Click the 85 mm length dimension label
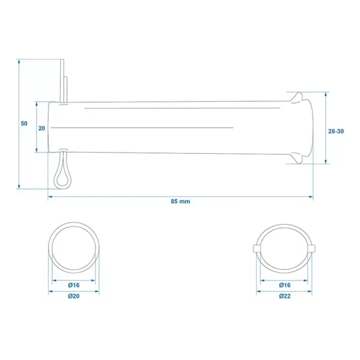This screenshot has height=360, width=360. pos(181,202)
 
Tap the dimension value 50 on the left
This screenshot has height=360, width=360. pos(24,123)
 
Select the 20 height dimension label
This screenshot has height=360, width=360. pos(41,127)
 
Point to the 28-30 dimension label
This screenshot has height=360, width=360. pos(336,131)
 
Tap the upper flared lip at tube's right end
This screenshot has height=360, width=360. pos(297,96)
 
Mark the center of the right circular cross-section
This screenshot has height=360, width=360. pos(284,248)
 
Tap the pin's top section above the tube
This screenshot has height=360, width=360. pos(65,78)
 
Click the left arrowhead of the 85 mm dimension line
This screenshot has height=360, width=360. pos(50,196)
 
